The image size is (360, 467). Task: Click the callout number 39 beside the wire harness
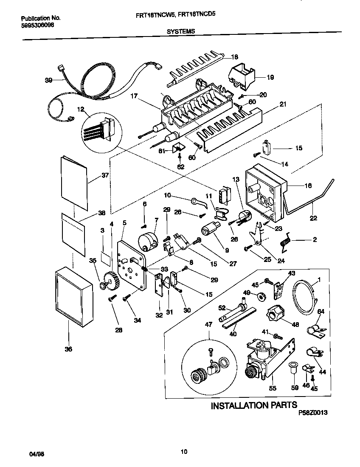click(x=49, y=79)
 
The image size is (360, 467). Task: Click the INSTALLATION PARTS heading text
click(x=254, y=405)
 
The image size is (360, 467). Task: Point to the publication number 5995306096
click(x=37, y=25)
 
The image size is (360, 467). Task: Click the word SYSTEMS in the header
click(x=181, y=31)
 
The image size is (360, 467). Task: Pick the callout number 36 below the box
click(x=68, y=349)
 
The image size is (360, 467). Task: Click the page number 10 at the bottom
click(x=183, y=451)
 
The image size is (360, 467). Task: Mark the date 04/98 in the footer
click(x=37, y=454)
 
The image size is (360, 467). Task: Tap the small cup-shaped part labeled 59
click(x=293, y=367)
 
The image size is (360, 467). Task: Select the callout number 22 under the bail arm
click(x=313, y=219)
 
